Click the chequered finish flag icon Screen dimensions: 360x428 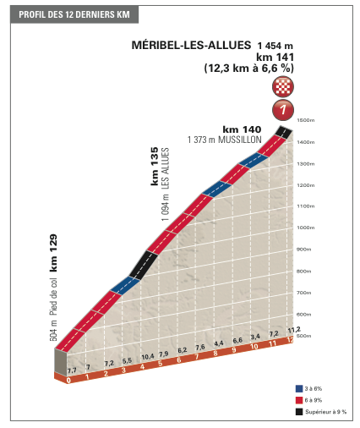pyautogui.click(x=283, y=86)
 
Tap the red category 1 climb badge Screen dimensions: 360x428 pyautogui.click(x=283, y=109)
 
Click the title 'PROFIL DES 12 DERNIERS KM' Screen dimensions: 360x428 pyautogui.click(x=74, y=14)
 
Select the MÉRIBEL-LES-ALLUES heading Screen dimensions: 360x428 pyautogui.click(x=191, y=45)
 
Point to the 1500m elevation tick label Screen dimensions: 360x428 pyautogui.click(x=306, y=120)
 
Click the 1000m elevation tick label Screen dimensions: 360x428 pyautogui.click(x=306, y=228)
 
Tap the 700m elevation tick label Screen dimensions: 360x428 pyautogui.click(x=303, y=293)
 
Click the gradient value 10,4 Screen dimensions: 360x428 pyautogui.click(x=148, y=357)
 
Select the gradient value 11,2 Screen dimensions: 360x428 pyautogui.click(x=294, y=329)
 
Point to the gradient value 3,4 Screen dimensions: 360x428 pyautogui.click(x=255, y=337)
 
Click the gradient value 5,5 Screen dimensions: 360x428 pyautogui.click(x=127, y=360)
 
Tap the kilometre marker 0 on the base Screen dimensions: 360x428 pyautogui.click(x=68, y=381)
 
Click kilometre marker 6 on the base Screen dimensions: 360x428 pyautogui.click(x=178, y=360)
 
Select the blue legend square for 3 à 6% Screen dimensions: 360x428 pyautogui.click(x=299, y=388)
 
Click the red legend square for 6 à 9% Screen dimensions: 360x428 pyautogui.click(x=299, y=400)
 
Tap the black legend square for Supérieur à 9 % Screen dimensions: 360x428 pyautogui.click(x=299, y=412)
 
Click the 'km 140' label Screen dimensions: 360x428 pyautogui.click(x=242, y=129)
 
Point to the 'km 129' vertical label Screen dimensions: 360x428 pyautogui.click(x=53, y=253)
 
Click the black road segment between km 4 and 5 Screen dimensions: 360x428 pyautogui.click(x=144, y=265)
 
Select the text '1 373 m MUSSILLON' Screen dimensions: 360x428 pyautogui.click(x=225, y=140)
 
